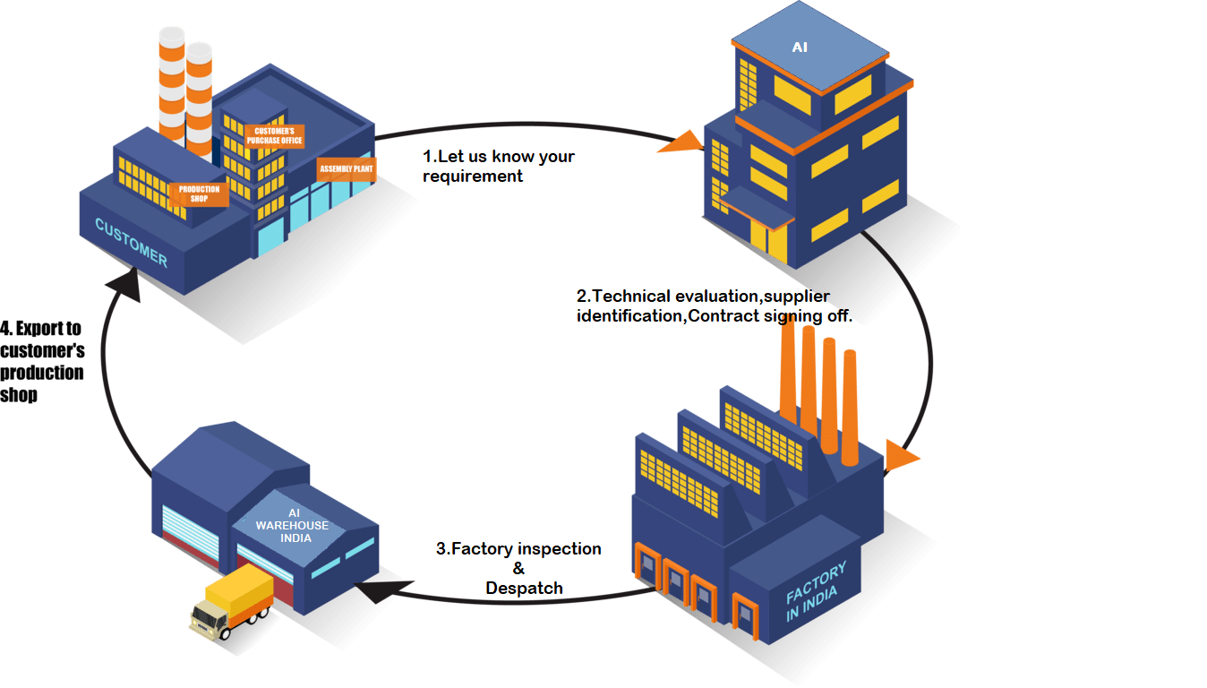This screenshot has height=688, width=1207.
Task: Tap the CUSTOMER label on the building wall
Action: [132, 243]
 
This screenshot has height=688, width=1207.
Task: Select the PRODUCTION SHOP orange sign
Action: [199, 194]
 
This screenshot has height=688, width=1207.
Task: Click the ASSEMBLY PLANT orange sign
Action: [347, 168]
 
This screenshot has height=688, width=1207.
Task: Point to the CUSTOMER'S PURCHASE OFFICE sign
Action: [275, 136]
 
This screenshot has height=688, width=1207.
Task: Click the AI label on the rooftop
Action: [800, 47]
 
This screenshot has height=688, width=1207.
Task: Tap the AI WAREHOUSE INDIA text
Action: [292, 525]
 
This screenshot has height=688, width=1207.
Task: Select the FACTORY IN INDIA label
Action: [815, 583]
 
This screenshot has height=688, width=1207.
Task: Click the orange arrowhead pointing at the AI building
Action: [681, 142]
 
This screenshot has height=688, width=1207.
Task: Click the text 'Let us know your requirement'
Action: [499, 167]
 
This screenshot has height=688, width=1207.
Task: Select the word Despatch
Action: [524, 588]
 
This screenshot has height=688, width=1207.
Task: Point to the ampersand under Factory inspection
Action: [518, 568]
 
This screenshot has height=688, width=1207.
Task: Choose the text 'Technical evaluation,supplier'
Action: [703, 296]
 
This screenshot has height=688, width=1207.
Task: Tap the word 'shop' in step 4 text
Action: [19, 394]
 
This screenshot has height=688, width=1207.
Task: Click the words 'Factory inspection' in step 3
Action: [518, 548]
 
